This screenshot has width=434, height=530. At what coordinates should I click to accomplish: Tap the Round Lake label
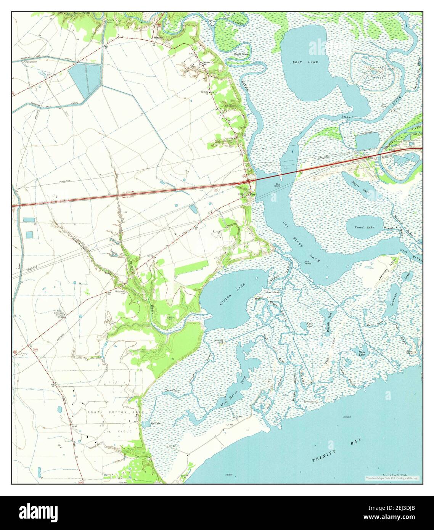(364, 228)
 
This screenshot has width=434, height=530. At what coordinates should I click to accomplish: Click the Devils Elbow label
(241, 55)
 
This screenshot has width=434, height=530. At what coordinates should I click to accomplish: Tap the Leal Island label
(307, 262)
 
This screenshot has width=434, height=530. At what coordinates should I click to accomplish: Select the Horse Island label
(272, 292)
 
